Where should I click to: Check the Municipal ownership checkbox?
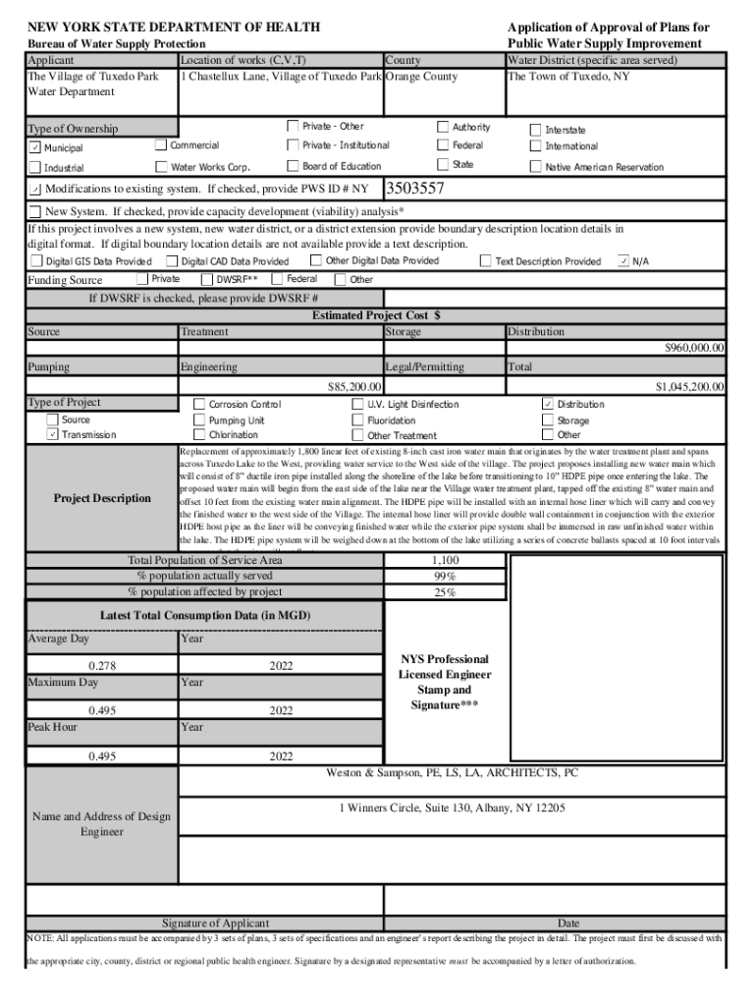tap(34, 147)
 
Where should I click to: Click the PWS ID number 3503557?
tap(416, 189)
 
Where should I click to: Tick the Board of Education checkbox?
tap(293, 166)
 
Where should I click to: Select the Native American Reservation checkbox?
tap(535, 167)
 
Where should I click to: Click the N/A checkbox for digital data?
tap(623, 261)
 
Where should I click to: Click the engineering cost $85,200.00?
tap(353, 387)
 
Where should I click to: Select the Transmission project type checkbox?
tap(53, 434)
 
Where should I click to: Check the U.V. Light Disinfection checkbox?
tap(357, 404)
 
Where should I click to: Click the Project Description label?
tap(102, 498)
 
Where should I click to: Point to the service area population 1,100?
tap(445, 560)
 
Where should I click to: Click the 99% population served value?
tap(445, 576)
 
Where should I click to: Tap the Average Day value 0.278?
tap(102, 666)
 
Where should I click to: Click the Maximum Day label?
tap(63, 682)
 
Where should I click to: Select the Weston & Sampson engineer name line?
tap(452, 773)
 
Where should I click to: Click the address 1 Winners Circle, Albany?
tap(452, 809)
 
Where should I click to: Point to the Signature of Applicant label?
tap(215, 923)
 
